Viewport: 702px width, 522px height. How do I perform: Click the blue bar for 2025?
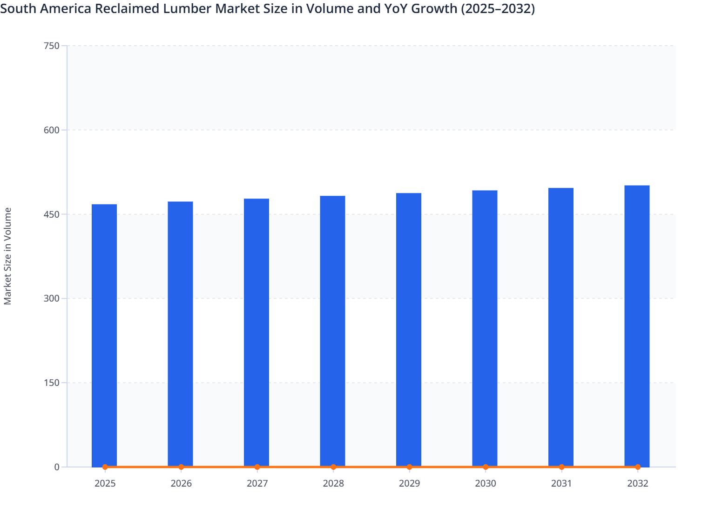[x=104, y=335]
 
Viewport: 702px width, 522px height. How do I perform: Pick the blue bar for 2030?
[x=485, y=328]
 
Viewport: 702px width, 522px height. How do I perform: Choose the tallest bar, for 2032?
[x=637, y=326]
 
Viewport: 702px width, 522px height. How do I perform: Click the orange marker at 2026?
[x=181, y=467]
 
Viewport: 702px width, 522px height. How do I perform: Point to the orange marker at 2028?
[x=333, y=467]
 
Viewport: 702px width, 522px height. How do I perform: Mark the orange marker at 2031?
[x=561, y=467]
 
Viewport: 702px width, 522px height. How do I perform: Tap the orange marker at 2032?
[x=638, y=467]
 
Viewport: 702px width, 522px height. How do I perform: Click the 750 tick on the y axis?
[x=51, y=46]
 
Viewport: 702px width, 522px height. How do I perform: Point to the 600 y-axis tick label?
[x=51, y=130]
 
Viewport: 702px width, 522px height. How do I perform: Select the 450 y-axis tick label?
[x=51, y=214]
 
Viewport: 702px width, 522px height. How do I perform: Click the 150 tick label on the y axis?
[x=51, y=383]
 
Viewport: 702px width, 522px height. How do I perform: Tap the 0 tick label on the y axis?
[x=57, y=467]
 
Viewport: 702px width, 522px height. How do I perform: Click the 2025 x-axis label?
[x=105, y=483]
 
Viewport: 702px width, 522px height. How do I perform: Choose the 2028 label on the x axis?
[x=333, y=483]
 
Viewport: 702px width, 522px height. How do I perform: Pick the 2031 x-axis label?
[x=561, y=483]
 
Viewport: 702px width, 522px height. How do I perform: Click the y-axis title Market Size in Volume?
[x=8, y=256]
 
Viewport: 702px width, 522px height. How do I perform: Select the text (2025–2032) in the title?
[x=497, y=8]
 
